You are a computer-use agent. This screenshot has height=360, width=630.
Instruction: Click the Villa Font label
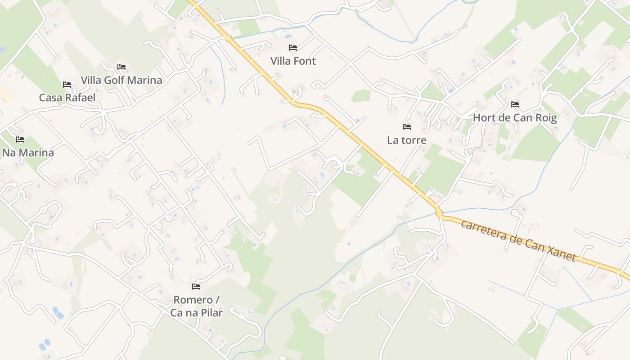coord(293,61)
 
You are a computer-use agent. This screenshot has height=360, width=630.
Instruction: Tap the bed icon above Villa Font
coord(293,47)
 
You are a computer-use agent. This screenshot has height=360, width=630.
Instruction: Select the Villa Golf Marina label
coord(121,80)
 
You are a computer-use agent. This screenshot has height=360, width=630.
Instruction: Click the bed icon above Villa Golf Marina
coord(121,67)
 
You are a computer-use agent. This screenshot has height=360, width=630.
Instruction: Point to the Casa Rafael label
coord(67,98)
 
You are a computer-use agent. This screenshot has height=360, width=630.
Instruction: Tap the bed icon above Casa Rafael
coord(67,84)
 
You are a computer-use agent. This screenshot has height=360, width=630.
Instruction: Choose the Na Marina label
coord(28,153)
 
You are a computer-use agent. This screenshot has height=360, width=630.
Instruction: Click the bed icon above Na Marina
coord(20,139)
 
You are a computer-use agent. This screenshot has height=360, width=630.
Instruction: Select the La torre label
coord(407,140)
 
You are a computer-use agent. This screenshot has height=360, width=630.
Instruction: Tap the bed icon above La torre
coord(407,127)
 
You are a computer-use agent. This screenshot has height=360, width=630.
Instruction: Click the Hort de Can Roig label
coord(515,118)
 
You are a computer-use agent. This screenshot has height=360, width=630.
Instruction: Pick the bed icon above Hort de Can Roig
coord(515,104)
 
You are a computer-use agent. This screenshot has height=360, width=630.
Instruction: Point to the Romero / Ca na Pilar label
coord(196,306)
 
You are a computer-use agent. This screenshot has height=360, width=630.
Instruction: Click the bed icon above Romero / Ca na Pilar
coord(196,286)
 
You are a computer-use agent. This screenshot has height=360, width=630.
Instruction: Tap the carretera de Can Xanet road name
coord(518,240)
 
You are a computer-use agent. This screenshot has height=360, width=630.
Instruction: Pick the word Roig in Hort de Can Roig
coord(545,118)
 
